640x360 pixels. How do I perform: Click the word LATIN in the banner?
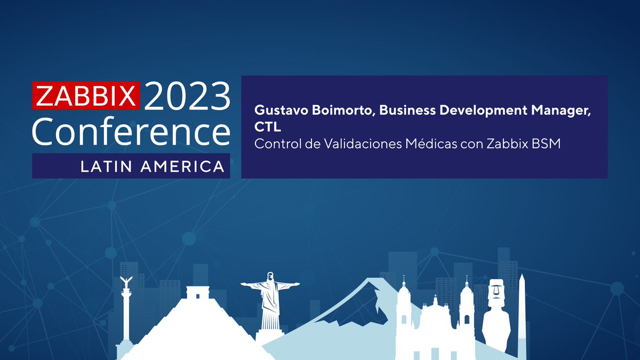[107, 166]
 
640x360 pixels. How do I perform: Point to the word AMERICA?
[182, 166]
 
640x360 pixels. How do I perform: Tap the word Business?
[410, 110]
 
